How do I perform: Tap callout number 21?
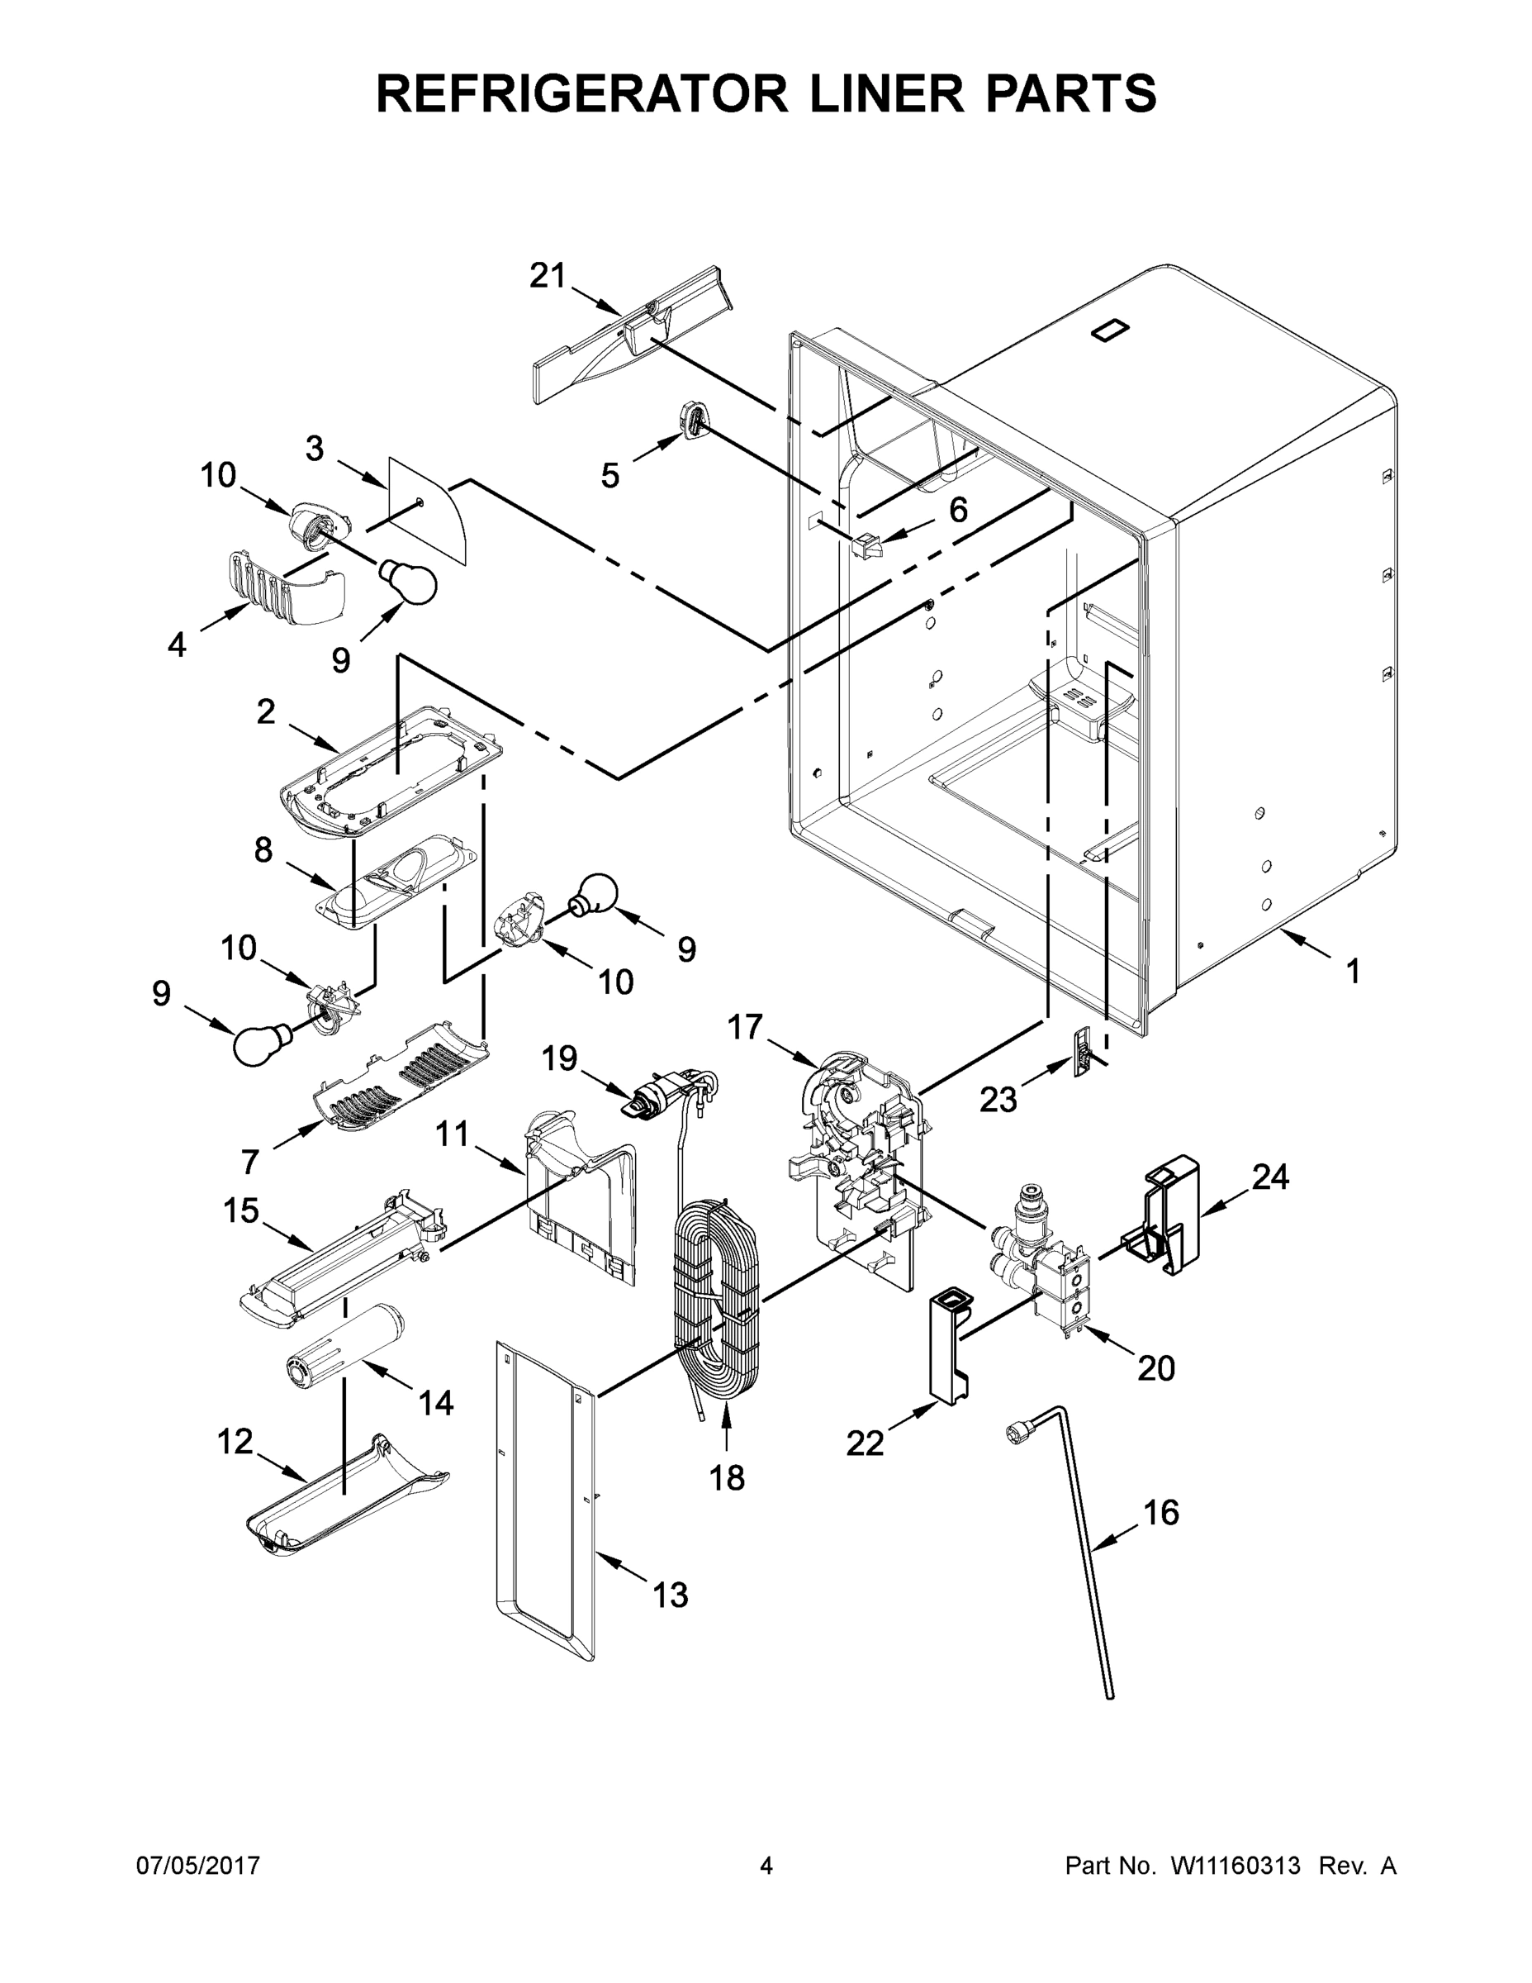(x=548, y=275)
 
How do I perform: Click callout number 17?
(x=746, y=1027)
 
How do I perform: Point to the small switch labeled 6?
(x=868, y=545)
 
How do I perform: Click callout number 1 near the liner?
(x=1352, y=972)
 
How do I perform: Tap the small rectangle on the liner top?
(x=1110, y=330)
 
